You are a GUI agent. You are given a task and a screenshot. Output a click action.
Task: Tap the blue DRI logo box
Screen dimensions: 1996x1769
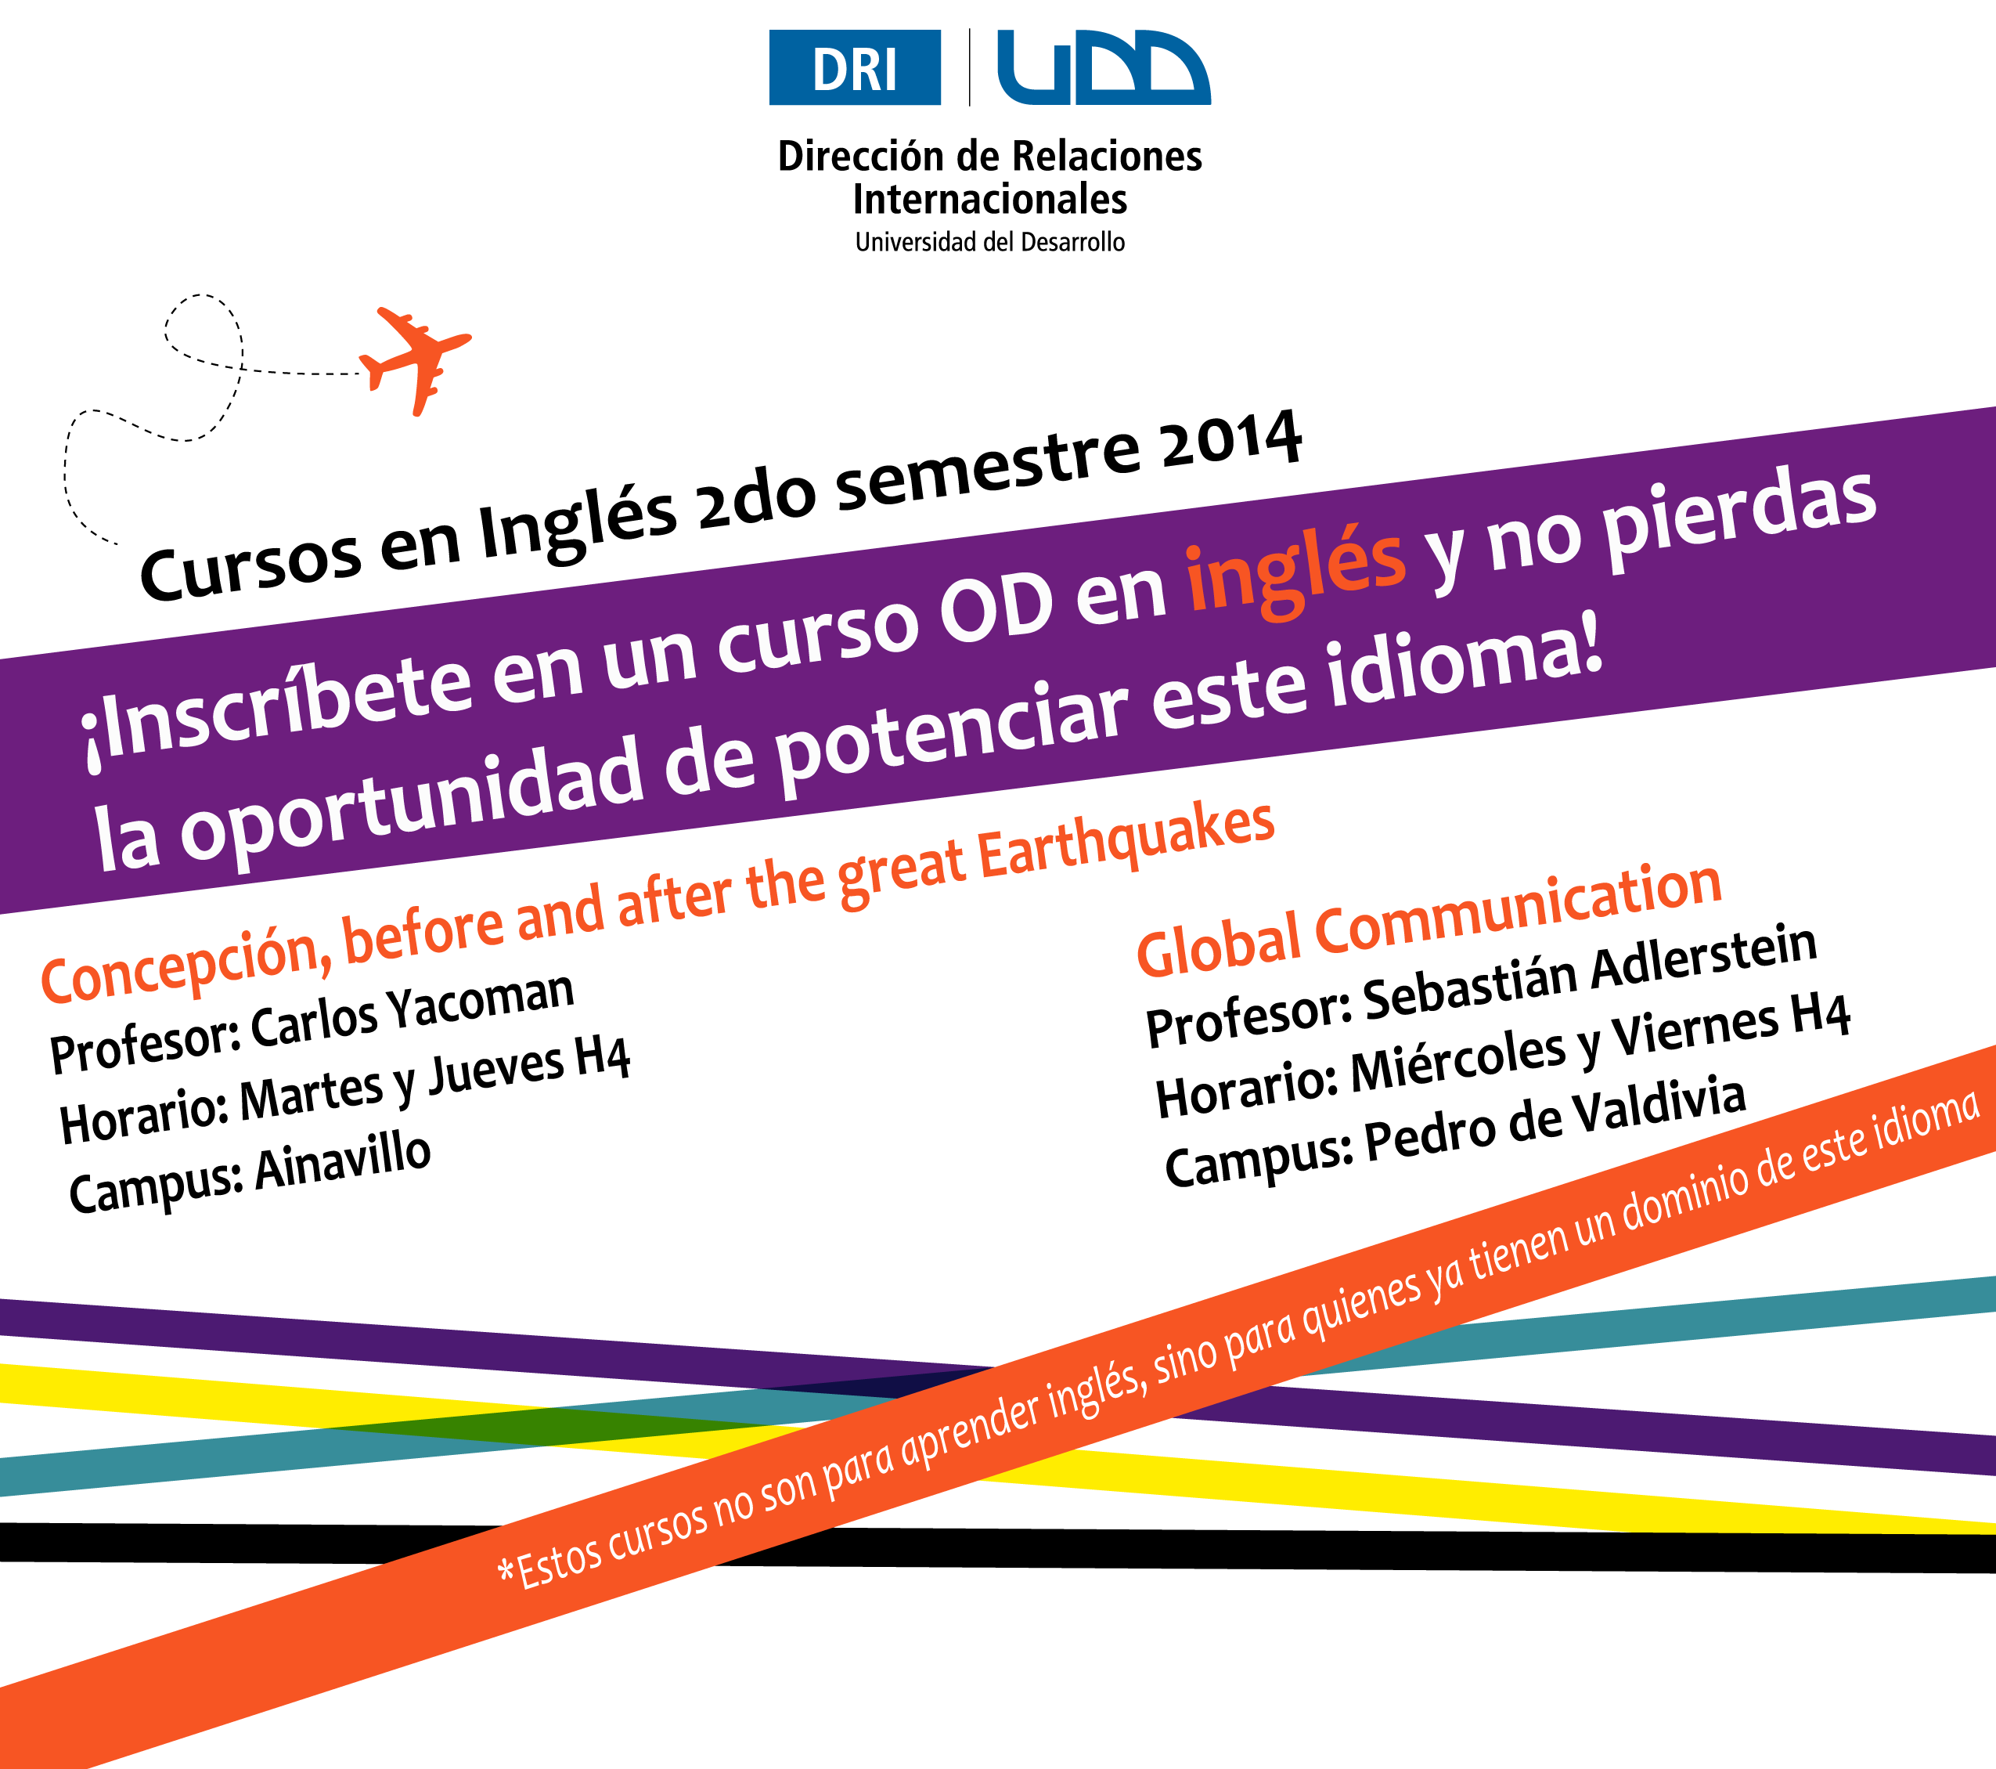pyautogui.click(x=855, y=67)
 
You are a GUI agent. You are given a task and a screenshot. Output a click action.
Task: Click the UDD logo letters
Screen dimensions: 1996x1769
pyautogui.click(x=1104, y=67)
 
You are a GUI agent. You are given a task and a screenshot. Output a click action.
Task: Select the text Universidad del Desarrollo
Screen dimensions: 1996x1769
pyautogui.click(x=990, y=242)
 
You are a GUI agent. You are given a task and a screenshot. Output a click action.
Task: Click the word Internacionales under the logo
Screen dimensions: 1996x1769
pyautogui.click(x=990, y=199)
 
